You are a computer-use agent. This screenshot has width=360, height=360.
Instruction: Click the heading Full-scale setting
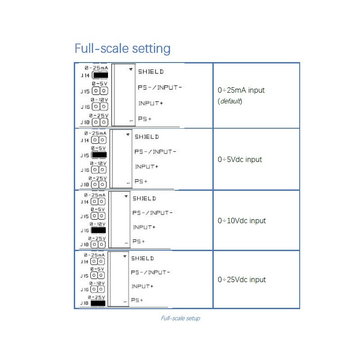click(x=122, y=48)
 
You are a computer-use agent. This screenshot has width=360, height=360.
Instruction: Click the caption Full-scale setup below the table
click(x=180, y=318)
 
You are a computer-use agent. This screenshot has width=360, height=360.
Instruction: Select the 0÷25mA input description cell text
click(x=241, y=90)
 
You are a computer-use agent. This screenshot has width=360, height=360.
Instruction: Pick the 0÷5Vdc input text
click(x=239, y=159)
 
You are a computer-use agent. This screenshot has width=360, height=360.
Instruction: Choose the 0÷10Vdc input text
click(x=241, y=220)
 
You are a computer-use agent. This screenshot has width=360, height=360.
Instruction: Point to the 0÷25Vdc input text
click(x=241, y=279)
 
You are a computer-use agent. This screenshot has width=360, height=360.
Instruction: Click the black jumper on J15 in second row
click(x=99, y=155)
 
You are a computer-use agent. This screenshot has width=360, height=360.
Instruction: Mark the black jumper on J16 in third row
click(x=98, y=229)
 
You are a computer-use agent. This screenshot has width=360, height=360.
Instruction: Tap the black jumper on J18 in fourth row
click(x=98, y=303)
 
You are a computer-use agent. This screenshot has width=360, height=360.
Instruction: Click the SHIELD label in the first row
click(x=151, y=72)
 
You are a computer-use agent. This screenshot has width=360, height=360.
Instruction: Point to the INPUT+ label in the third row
click(x=144, y=227)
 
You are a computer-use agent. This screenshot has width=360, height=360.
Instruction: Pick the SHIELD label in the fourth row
click(x=142, y=258)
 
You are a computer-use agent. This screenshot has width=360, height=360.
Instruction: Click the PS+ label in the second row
click(x=141, y=181)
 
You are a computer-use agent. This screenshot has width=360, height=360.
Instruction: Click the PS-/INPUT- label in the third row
click(x=152, y=213)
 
